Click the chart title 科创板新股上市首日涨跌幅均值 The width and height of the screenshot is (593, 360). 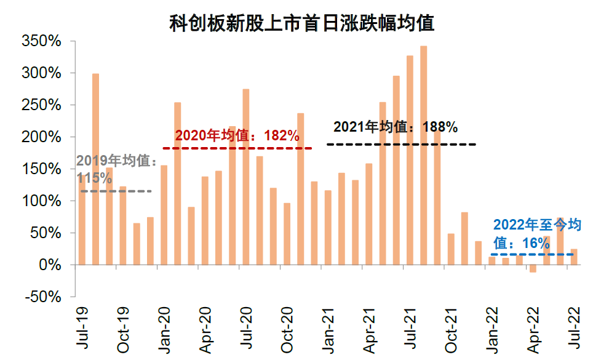(302, 23)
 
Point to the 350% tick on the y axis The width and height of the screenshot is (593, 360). (41, 41)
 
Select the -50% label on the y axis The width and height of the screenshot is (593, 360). (42, 297)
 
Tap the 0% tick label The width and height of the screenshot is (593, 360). (50, 265)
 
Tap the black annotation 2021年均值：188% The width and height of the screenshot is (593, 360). (396, 127)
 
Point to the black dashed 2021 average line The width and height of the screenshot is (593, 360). (401, 144)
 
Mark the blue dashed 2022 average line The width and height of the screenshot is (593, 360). (532, 254)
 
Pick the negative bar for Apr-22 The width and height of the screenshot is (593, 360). (533, 268)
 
